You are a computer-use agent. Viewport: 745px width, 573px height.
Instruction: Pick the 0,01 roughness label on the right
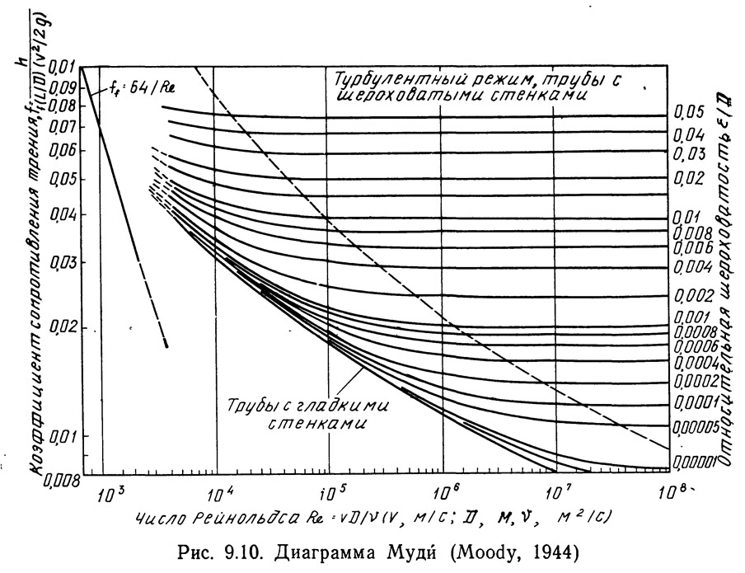click(x=687, y=218)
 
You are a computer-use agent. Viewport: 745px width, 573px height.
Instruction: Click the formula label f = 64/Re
click(x=142, y=86)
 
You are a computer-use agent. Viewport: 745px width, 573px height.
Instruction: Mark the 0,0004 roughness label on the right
click(x=696, y=364)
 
